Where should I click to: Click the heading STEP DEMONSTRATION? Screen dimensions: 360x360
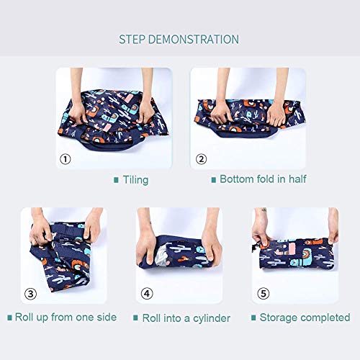(179, 39)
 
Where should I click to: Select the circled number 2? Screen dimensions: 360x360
(201, 158)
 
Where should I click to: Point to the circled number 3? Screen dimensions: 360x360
(30, 293)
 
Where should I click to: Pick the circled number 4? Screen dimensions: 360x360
(147, 293)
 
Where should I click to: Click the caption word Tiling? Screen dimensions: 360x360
(135, 179)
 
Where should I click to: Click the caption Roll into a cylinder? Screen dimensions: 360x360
(186, 317)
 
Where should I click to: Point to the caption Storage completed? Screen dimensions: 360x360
(305, 317)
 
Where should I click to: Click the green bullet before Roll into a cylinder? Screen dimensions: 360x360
(135, 318)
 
